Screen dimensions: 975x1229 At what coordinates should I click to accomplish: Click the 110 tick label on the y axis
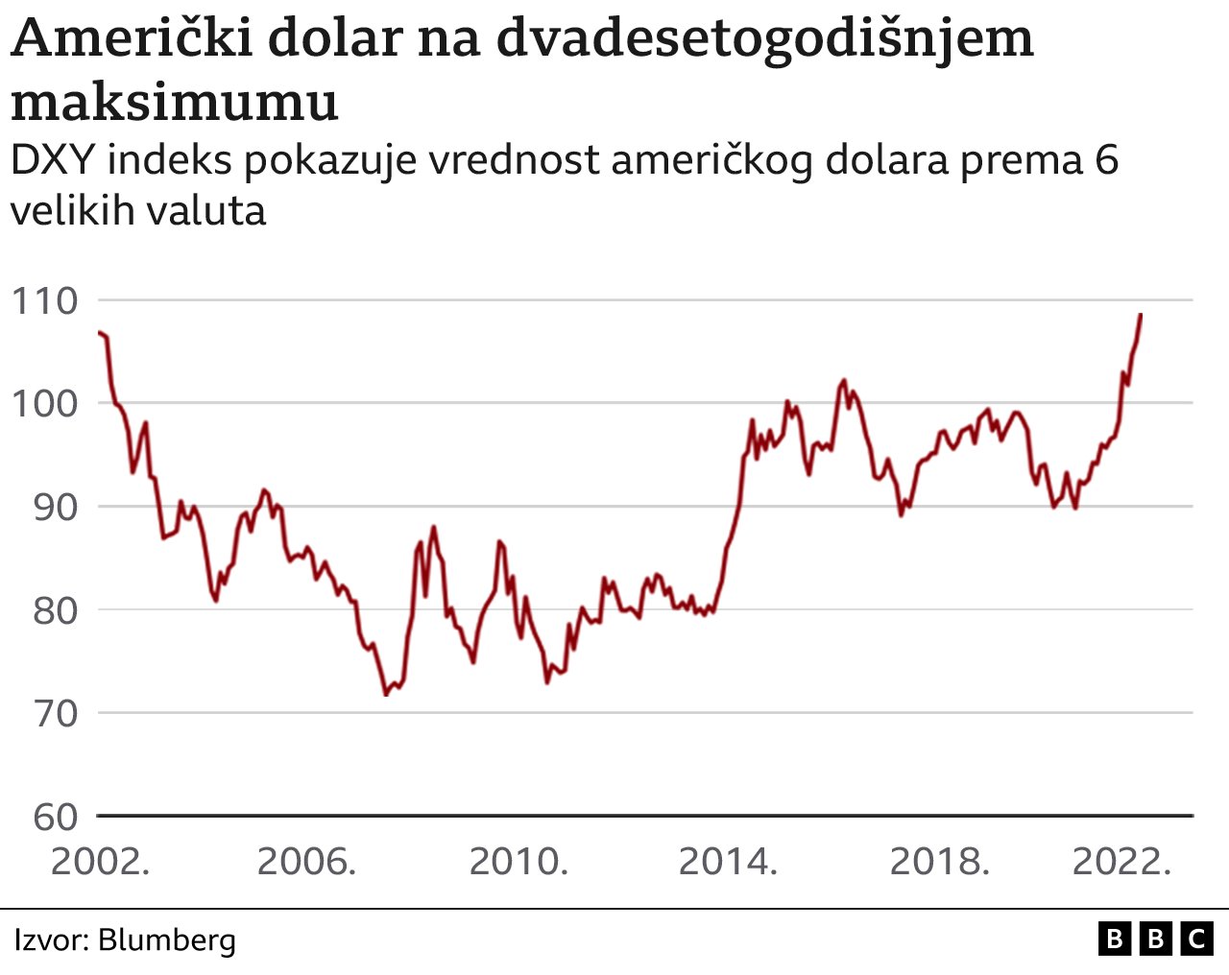(44, 301)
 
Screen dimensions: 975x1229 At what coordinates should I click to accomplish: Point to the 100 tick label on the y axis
(44, 403)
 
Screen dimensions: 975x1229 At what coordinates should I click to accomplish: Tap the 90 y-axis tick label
(55, 507)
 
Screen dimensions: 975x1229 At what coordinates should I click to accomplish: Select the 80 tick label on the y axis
(55, 610)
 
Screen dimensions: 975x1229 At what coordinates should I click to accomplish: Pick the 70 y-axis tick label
(55, 713)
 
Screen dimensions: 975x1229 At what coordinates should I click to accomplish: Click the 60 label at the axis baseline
(55, 817)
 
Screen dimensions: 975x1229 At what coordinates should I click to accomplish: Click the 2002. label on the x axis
(100, 862)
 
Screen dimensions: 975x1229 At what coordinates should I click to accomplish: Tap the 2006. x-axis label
(306, 862)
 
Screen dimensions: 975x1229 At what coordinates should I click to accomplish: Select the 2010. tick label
(518, 862)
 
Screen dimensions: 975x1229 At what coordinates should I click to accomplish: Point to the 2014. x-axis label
(728, 862)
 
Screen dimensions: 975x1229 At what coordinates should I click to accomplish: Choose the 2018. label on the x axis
(939, 862)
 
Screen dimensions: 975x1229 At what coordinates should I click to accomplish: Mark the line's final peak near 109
(1141, 315)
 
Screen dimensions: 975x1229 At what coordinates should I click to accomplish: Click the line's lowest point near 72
(386, 694)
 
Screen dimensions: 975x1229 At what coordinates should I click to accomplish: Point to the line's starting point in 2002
(99, 332)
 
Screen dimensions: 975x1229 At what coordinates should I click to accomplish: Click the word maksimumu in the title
(175, 102)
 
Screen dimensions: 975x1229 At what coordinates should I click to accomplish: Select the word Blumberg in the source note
(167, 939)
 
